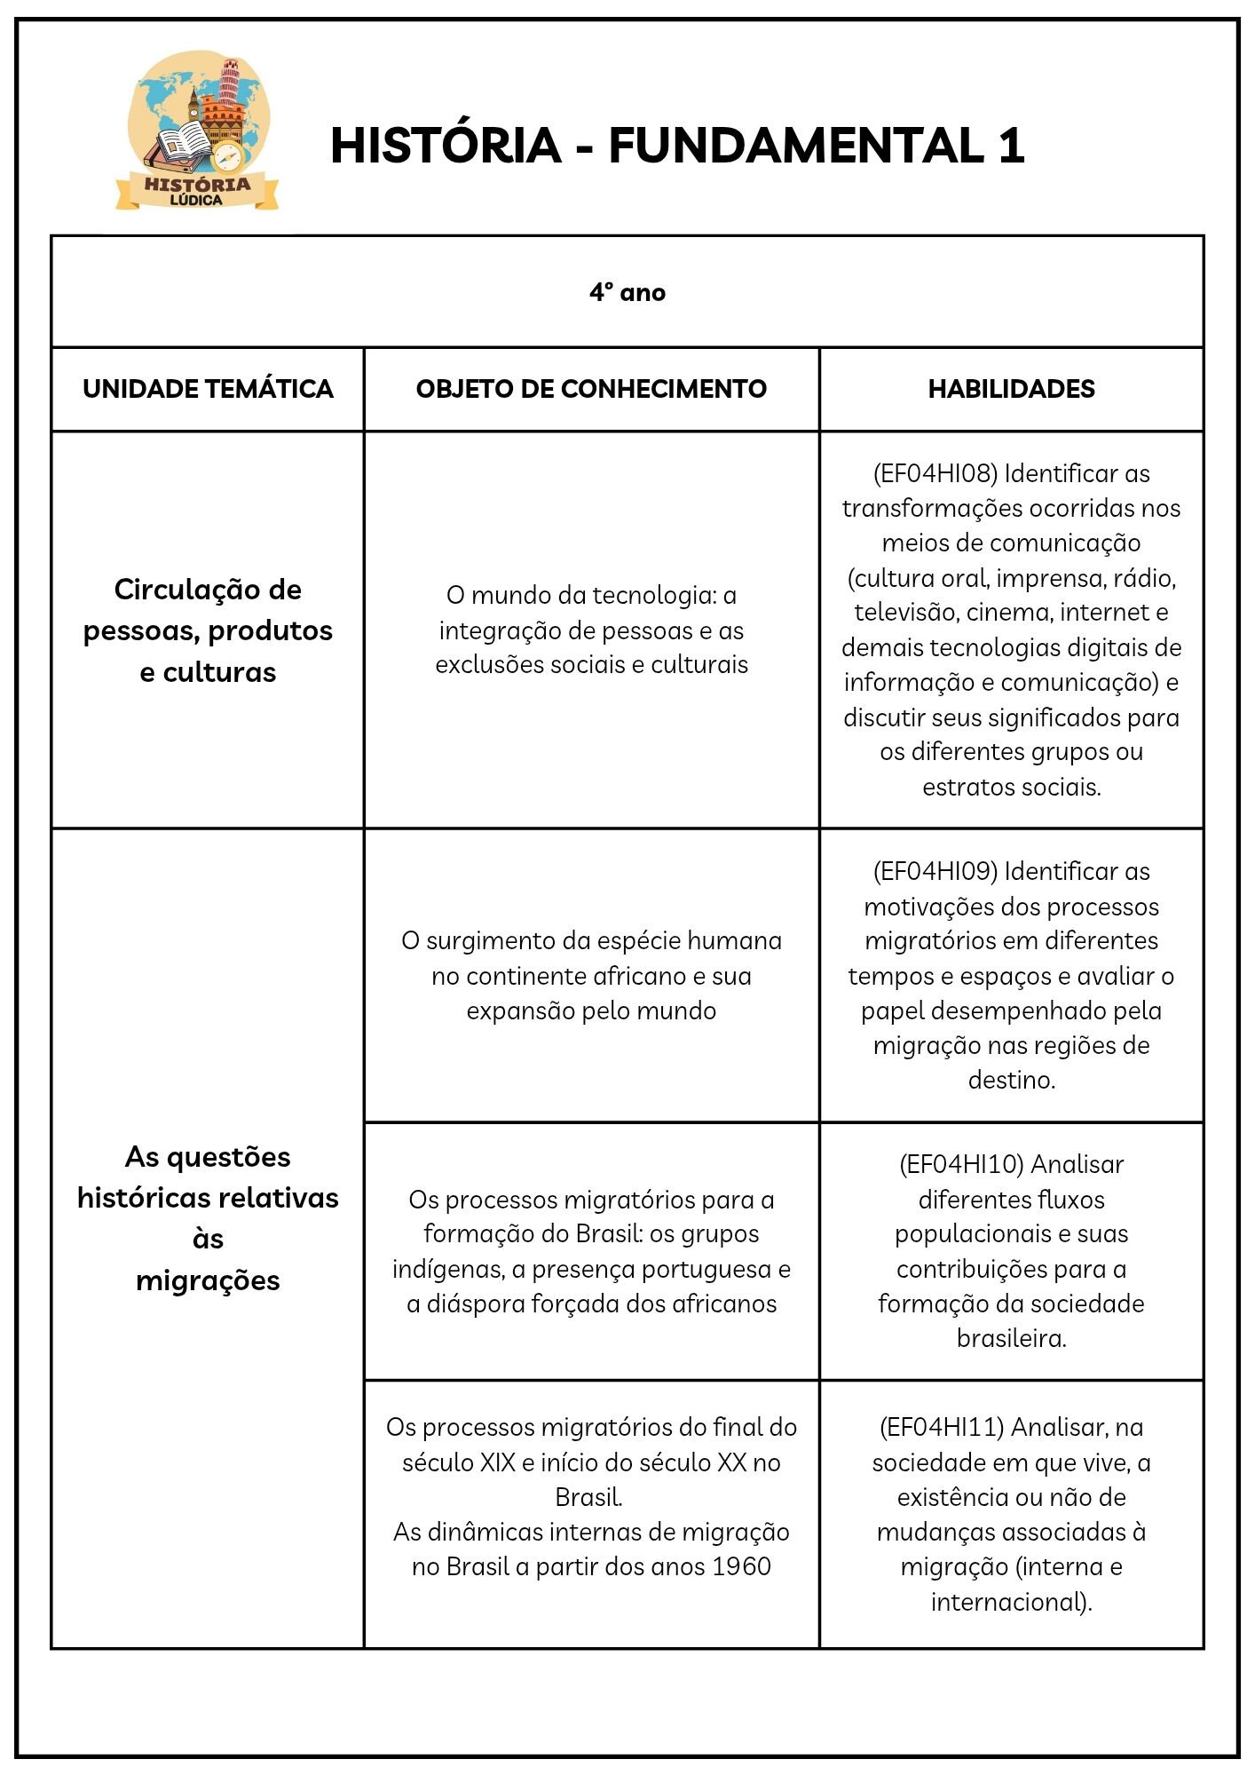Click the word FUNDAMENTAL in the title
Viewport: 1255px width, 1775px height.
pyautogui.click(x=795, y=146)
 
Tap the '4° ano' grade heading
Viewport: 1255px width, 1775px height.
pyautogui.click(x=627, y=292)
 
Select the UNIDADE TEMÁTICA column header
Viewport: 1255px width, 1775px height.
pyautogui.click(x=208, y=389)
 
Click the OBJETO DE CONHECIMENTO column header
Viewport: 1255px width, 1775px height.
pyautogui.click(x=591, y=389)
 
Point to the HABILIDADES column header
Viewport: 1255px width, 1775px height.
pyautogui.click(x=1011, y=389)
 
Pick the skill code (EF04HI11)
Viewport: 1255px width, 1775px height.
pyautogui.click(x=942, y=1427)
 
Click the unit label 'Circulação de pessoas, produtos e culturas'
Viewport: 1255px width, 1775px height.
pyautogui.click(x=208, y=630)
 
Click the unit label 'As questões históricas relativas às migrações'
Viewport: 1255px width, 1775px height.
pyautogui.click(x=208, y=1218)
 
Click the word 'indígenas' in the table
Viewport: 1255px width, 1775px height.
pyautogui.click(x=448, y=1269)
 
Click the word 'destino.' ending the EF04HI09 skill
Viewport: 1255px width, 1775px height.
pyautogui.click(x=1011, y=1081)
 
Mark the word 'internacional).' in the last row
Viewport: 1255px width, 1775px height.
pyautogui.click(x=1011, y=1601)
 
